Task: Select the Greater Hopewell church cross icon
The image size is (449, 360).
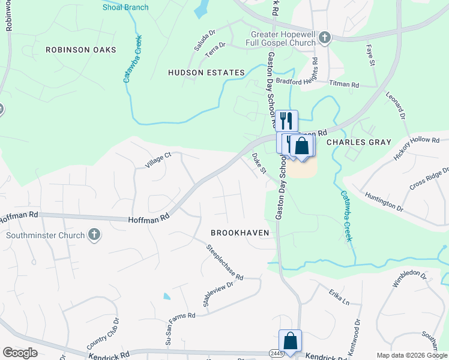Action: pyautogui.click(x=324, y=37)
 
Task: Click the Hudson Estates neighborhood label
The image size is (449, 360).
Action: pyautogui.click(x=206, y=73)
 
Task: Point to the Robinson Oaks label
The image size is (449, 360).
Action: pyautogui.click(x=80, y=50)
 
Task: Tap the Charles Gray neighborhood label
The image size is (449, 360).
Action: pyautogui.click(x=358, y=142)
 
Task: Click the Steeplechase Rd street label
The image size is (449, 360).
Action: pyautogui.click(x=224, y=262)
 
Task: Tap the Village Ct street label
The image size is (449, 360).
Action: pyautogui.click(x=158, y=160)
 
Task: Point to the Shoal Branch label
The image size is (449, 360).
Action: pyautogui.click(x=125, y=7)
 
